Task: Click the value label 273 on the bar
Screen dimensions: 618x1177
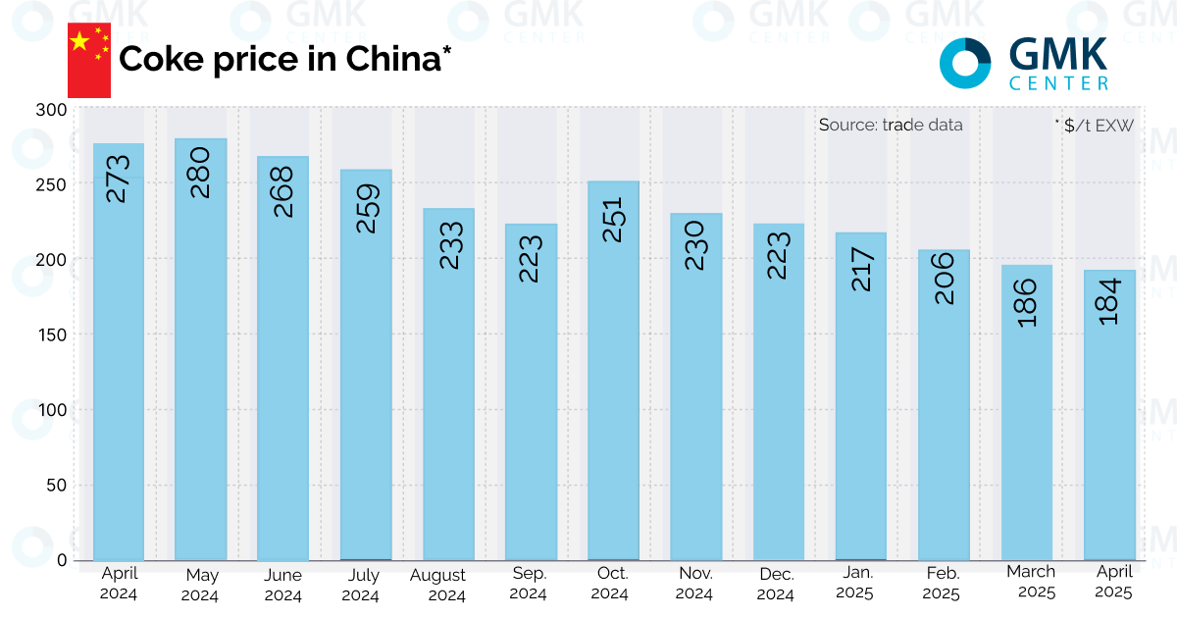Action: coord(118,178)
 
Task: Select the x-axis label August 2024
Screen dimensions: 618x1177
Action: coord(447,585)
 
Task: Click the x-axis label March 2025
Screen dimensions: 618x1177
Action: coord(1031,582)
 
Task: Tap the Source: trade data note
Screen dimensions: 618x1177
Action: coord(891,125)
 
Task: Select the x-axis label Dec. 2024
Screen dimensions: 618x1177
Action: coord(777,585)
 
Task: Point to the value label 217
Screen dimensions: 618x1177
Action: coord(860,266)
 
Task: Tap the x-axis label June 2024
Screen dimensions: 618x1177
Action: coord(282,585)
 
